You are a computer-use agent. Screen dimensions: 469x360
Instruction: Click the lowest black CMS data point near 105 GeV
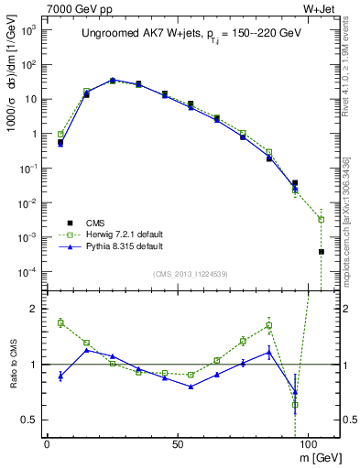click(322, 251)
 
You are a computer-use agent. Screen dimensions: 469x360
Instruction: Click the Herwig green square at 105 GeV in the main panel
click(322, 219)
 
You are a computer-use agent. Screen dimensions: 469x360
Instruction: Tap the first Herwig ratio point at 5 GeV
click(60, 322)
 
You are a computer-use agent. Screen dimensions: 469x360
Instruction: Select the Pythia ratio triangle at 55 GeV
click(191, 387)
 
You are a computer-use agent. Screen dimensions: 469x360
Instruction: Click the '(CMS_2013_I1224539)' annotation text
click(190, 274)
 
